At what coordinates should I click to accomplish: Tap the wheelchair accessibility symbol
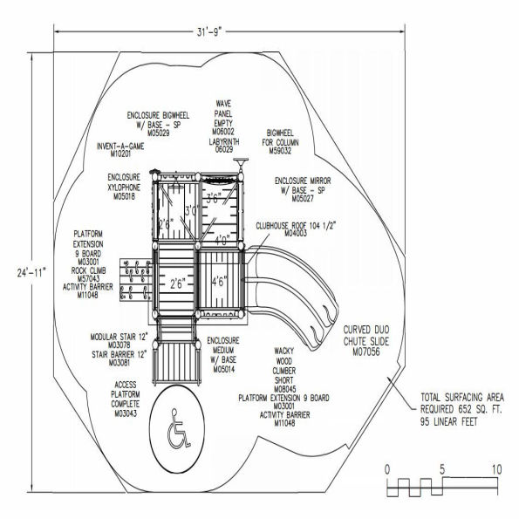pyautogui.click(x=181, y=428)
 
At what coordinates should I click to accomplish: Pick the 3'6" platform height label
pyautogui.click(x=217, y=199)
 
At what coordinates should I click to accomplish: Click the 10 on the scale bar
pyautogui.click(x=495, y=469)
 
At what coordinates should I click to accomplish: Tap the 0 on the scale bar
pyautogui.click(x=387, y=469)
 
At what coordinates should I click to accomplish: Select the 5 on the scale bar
pyautogui.click(x=441, y=469)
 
